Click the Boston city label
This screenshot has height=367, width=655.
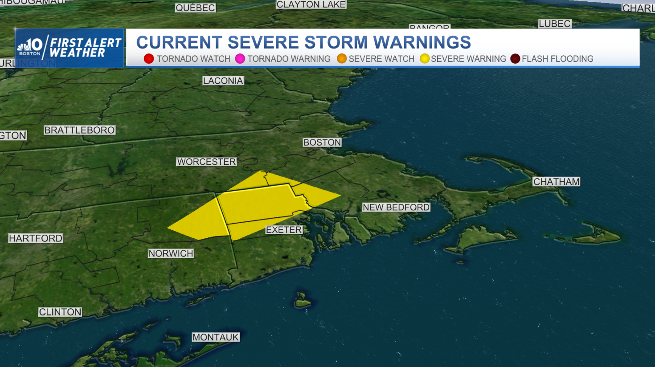click(322, 143)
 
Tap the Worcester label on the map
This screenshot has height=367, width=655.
click(206, 162)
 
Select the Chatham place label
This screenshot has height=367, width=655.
click(557, 182)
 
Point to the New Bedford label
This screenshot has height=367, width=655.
click(396, 207)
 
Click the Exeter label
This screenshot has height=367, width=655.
click(284, 230)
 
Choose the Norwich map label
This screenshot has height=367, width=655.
click(171, 253)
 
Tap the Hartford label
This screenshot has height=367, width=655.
click(36, 238)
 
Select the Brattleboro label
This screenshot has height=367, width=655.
click(79, 130)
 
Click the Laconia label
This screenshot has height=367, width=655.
click(223, 81)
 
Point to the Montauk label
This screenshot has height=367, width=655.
click(216, 337)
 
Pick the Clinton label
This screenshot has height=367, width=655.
click(60, 312)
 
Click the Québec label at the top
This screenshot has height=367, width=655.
click(195, 8)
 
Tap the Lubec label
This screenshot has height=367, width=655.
click(554, 24)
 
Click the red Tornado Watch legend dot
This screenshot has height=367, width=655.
click(149, 59)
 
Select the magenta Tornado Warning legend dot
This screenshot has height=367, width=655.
click(240, 59)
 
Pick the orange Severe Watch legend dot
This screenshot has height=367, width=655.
click(342, 59)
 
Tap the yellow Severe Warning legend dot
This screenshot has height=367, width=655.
click(425, 59)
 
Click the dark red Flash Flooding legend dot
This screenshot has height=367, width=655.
click(515, 59)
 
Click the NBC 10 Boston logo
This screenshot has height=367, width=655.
click(29, 47)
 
